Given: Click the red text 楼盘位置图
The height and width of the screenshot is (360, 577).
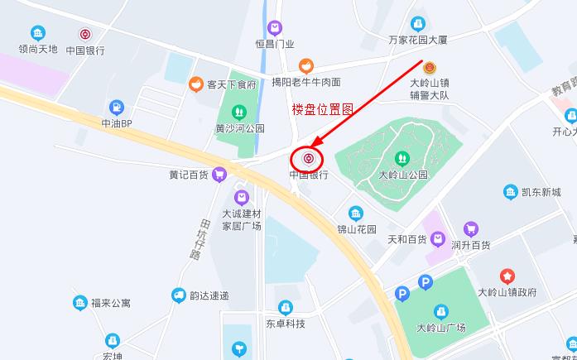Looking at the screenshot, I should point(324,108).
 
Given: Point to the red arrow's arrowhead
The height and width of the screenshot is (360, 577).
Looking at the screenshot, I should point(316,146).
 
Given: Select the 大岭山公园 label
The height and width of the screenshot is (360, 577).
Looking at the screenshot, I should point(402,175).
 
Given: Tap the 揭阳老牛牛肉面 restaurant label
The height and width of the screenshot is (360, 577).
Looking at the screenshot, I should point(306,82).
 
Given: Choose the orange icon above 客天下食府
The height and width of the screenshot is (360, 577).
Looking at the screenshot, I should point(196,84).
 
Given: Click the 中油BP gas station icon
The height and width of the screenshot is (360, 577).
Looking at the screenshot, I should point(117,108).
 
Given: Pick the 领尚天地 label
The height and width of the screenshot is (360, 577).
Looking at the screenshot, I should point(38,49).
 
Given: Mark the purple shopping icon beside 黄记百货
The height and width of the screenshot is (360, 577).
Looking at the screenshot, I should point(219,174).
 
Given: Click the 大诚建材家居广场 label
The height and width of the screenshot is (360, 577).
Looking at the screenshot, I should point(241,220).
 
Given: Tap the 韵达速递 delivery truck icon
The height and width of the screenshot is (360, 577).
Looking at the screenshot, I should point(178,295).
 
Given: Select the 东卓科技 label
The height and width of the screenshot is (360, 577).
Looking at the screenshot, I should point(286,324).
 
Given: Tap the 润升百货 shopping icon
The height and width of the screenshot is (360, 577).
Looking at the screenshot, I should point(471,229).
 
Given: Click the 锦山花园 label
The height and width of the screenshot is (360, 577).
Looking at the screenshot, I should point(356,228).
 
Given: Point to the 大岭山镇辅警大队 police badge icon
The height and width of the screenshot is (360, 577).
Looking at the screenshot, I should point(430,68).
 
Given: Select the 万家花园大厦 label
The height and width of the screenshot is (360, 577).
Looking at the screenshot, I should point(417,39).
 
